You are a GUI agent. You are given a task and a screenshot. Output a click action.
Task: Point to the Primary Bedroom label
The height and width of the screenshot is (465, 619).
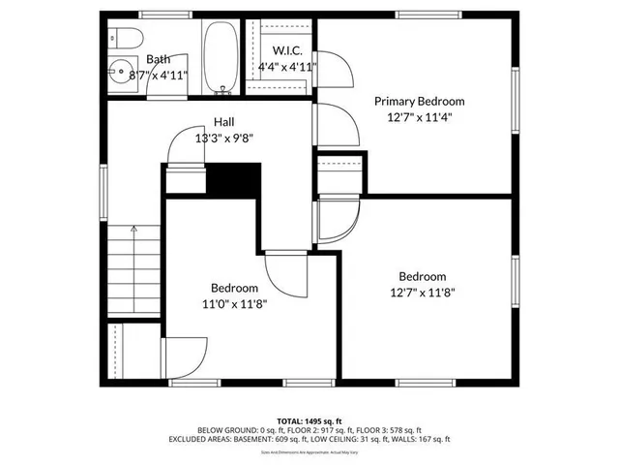pos(420,101)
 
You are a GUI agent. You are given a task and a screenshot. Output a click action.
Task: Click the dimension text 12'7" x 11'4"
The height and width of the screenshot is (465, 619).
pos(420,116)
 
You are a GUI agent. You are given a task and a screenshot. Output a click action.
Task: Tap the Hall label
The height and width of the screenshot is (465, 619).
pos(223,122)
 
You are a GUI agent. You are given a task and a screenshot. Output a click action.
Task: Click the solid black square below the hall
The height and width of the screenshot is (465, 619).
pos(236,179)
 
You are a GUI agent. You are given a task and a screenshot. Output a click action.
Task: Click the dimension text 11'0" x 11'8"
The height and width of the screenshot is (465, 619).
pos(234,303)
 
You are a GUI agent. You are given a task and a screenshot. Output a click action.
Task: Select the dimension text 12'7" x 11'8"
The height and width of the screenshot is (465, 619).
pos(423,291)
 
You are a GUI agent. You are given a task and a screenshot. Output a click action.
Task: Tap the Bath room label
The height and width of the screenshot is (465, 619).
pos(157,59)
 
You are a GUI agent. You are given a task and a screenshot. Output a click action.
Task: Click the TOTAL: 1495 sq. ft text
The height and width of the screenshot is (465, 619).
pos(309,420)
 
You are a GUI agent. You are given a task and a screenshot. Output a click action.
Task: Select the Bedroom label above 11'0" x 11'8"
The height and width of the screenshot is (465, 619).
pos(235,288)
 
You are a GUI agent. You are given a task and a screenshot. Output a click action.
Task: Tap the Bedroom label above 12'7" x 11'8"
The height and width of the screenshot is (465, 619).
pos(423,275)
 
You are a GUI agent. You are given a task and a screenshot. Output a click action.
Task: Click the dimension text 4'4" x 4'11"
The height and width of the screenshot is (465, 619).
pos(288,67)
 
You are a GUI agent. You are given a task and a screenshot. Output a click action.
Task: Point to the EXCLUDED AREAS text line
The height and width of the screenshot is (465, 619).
pos(309,438)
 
